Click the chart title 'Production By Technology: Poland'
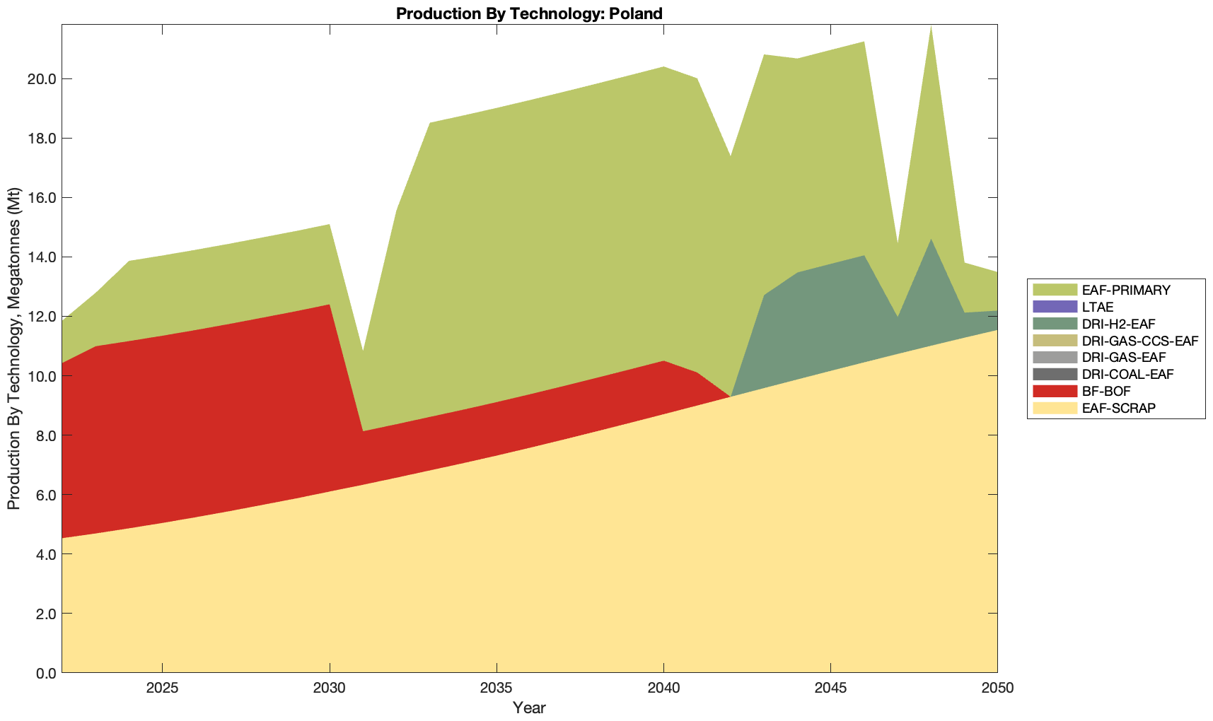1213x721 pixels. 529,13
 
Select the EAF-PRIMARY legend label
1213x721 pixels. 1126,290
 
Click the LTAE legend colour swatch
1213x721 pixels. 1055,307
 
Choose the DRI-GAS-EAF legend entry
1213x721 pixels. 1123,358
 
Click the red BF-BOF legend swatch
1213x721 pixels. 1055,391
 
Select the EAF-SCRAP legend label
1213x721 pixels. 1119,408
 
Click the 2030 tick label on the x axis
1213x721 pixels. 330,688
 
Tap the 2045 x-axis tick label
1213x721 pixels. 830,688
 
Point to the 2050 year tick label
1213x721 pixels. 997,688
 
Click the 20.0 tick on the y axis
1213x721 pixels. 41,78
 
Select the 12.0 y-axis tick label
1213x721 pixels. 41,316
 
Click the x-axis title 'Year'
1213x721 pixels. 529,708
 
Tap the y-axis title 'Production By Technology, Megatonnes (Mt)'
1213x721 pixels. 13,348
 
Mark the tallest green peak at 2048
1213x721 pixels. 931,28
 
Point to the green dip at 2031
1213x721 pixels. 363,353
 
